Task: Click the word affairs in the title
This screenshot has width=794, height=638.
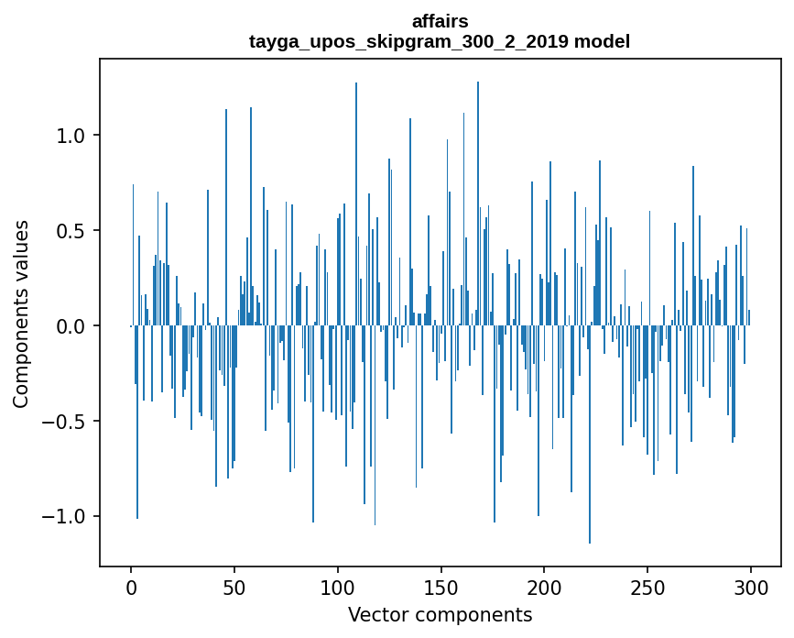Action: coord(440,21)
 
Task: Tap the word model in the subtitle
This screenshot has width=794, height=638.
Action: coord(602,41)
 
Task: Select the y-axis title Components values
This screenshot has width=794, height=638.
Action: coord(21,313)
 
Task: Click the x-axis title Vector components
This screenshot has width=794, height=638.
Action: coord(440,614)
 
